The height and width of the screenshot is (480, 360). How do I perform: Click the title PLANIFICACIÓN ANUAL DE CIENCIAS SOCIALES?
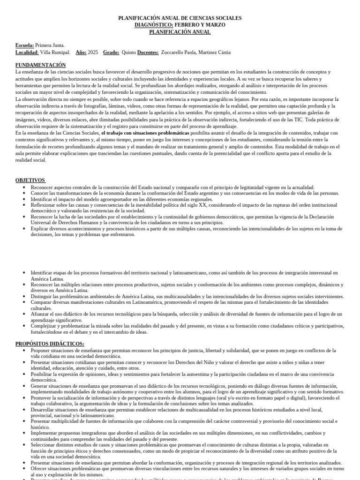click(180, 18)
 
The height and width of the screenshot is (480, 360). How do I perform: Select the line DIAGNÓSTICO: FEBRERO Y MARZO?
click(180, 25)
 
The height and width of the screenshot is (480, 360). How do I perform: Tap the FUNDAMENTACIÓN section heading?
click(41, 65)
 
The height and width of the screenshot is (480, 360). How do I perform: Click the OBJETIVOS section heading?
click(30, 180)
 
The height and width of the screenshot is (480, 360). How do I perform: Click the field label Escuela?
click(25, 45)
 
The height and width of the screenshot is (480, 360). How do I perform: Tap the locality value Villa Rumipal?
click(55, 52)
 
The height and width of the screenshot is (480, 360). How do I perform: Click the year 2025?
click(93, 52)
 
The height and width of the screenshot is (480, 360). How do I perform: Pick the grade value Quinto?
click(129, 52)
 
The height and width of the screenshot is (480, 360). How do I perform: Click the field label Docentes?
click(148, 52)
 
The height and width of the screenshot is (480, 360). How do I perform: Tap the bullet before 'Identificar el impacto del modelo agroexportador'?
click(24, 199)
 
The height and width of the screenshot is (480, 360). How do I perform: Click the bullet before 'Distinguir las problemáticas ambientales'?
click(24, 297)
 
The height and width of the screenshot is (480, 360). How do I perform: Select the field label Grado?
click(111, 52)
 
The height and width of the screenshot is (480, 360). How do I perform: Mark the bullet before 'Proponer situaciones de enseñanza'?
click(24, 351)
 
